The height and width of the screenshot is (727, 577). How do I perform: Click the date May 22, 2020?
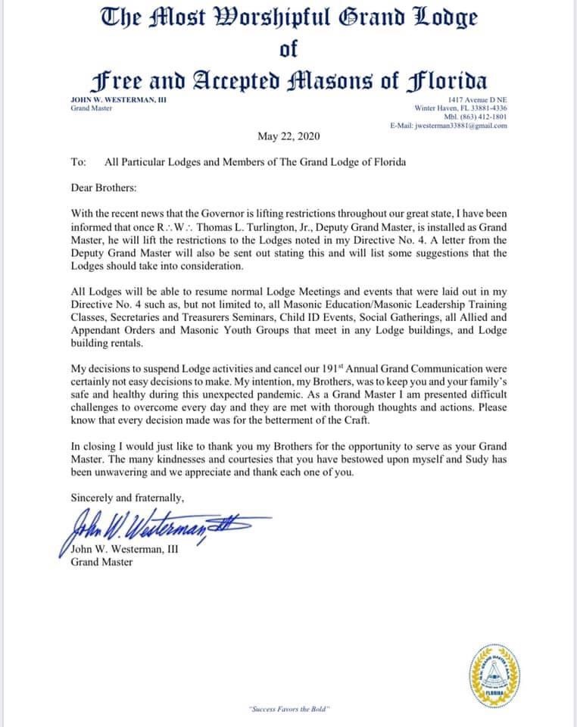coord(289,137)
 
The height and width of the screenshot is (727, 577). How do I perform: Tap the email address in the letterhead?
coord(448,126)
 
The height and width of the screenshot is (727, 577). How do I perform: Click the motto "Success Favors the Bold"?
coord(288,709)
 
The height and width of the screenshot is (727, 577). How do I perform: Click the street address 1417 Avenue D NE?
coord(477,100)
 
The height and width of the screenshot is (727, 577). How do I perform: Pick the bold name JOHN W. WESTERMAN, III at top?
coord(108,100)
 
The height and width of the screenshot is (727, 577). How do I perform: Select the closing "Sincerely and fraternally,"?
coord(126,498)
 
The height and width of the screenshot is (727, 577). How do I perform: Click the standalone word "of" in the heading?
coord(288,50)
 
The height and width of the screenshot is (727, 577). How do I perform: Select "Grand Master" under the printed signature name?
coord(101,562)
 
